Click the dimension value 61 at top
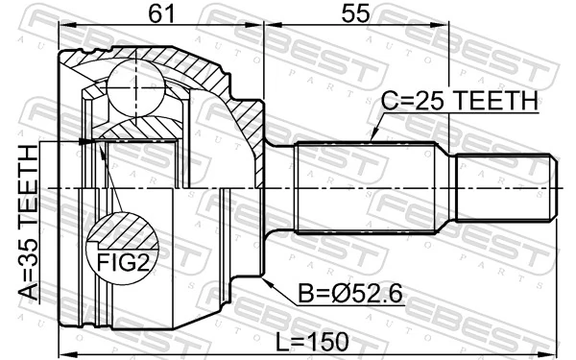click(161, 15)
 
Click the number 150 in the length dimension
click(329, 342)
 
